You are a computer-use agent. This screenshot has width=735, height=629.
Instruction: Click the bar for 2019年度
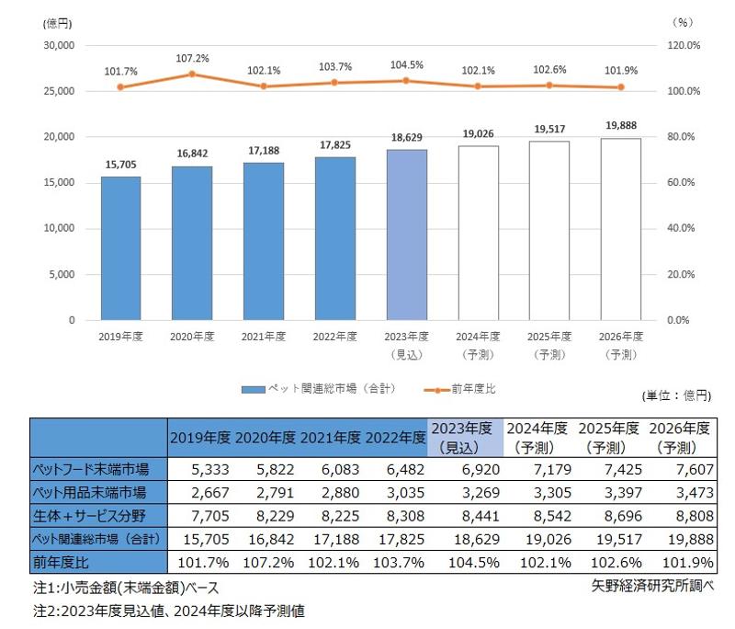click(120, 248)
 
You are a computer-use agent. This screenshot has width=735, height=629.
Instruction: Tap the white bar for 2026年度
click(621, 229)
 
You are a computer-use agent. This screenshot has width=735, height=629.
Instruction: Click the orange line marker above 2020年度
click(192, 74)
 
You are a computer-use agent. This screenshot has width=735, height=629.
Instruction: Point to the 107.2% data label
click(192, 58)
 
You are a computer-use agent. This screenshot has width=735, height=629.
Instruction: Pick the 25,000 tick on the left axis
click(60, 91)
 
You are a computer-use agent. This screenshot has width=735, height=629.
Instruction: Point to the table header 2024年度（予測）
click(537, 437)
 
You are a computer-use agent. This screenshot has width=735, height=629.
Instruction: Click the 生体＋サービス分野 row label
click(98, 514)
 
